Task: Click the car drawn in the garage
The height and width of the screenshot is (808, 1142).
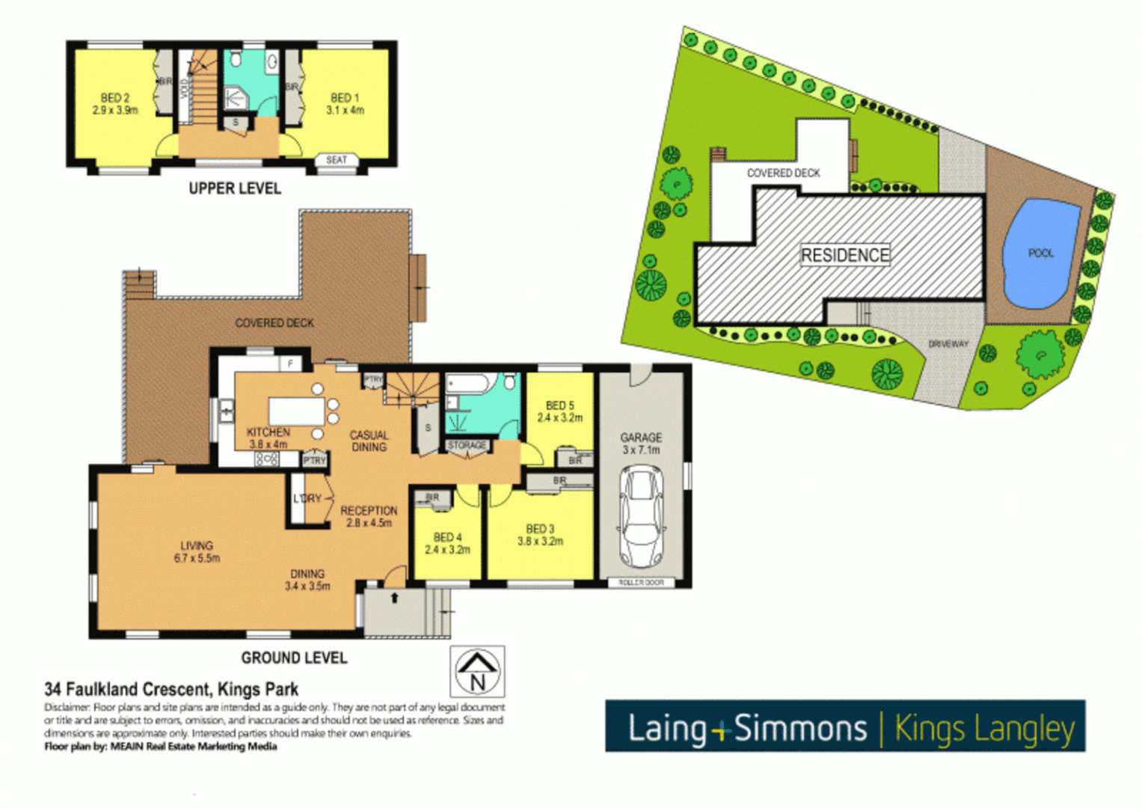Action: coord(642,516)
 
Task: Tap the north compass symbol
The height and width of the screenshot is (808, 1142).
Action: coord(477,671)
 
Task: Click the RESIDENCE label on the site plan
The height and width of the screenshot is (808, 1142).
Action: coord(845,255)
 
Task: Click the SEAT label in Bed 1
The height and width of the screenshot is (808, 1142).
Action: coord(337,160)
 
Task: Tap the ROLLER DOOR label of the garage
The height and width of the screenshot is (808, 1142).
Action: coord(641,582)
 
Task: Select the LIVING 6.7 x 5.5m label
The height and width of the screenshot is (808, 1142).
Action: coord(197,552)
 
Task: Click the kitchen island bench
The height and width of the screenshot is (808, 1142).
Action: coord(296,411)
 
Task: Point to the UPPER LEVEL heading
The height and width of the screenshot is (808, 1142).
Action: coord(235,189)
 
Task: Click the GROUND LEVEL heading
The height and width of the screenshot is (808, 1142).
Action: coord(294,658)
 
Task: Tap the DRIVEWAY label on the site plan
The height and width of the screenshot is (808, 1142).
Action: coord(948,344)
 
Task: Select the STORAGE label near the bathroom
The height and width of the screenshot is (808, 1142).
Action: coord(467,445)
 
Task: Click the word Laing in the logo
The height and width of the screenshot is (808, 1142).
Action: coord(667,728)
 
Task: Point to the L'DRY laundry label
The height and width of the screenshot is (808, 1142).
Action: coord(307,498)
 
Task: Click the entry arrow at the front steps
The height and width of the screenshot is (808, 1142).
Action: coord(395,598)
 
